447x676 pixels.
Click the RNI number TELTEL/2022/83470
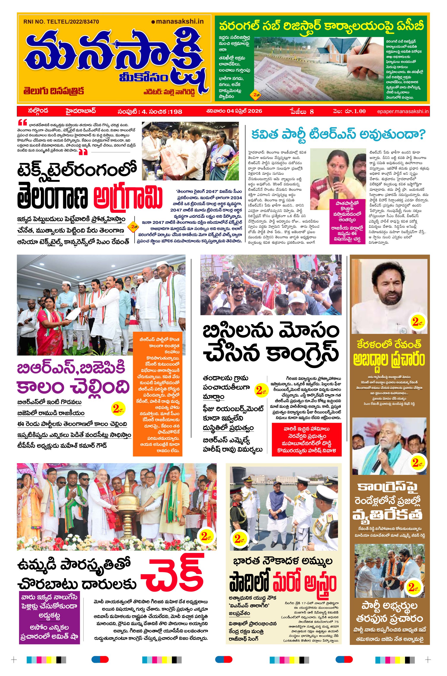coord(61,21)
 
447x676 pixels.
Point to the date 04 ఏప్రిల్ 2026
coord(234,111)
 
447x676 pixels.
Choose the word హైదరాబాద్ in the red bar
coord(81,111)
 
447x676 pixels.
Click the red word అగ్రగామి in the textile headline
coord(128,197)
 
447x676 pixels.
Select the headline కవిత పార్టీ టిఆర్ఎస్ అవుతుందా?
coord(338,135)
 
